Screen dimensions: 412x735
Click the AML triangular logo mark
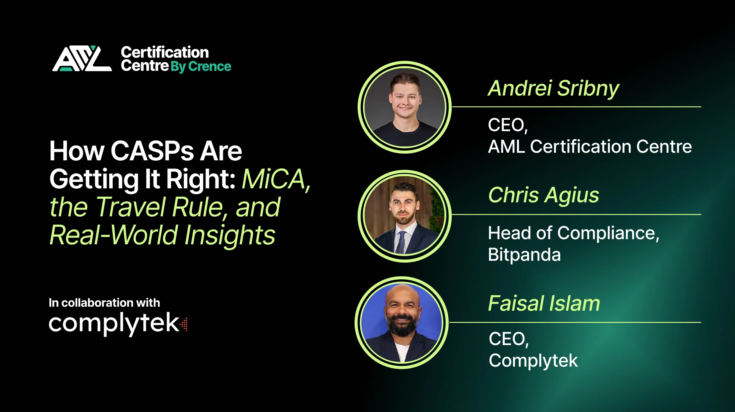pos(82,59)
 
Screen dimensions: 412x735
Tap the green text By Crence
pos(201,66)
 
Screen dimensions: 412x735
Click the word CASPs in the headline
pos(152,151)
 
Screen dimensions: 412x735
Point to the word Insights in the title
pos(230,235)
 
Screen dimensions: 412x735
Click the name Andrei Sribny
pos(553,89)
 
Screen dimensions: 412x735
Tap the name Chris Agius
pos(544,195)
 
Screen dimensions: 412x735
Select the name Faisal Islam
pos(544,304)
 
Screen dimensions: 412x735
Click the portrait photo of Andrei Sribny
pos(404,107)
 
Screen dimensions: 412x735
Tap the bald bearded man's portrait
pos(401,323)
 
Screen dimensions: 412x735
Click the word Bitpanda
pos(524,255)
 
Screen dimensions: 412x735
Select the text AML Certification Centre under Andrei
pos(590,147)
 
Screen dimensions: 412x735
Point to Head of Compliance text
pos(573,233)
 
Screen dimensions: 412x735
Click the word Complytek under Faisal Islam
pos(533,361)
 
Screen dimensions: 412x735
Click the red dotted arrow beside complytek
pos(184,324)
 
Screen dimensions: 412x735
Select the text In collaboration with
pos(104,303)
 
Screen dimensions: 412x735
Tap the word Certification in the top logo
pos(165,52)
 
